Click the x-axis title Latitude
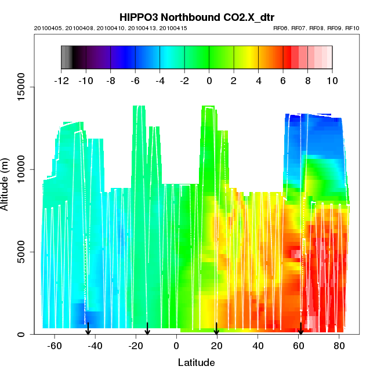coord(196,362)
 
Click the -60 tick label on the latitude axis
coord(55,346)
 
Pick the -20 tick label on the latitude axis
coord(136,346)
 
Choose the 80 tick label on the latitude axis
coord(339,346)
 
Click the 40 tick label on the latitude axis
coord(258,346)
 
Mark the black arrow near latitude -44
coord(88,329)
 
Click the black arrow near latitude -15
coord(147,329)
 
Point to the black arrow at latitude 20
coord(216,329)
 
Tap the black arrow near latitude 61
coord(300,329)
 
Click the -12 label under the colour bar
coord(61,81)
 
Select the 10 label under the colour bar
coord(332,81)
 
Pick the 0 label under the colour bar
coord(209,81)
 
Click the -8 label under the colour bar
coord(110,81)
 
